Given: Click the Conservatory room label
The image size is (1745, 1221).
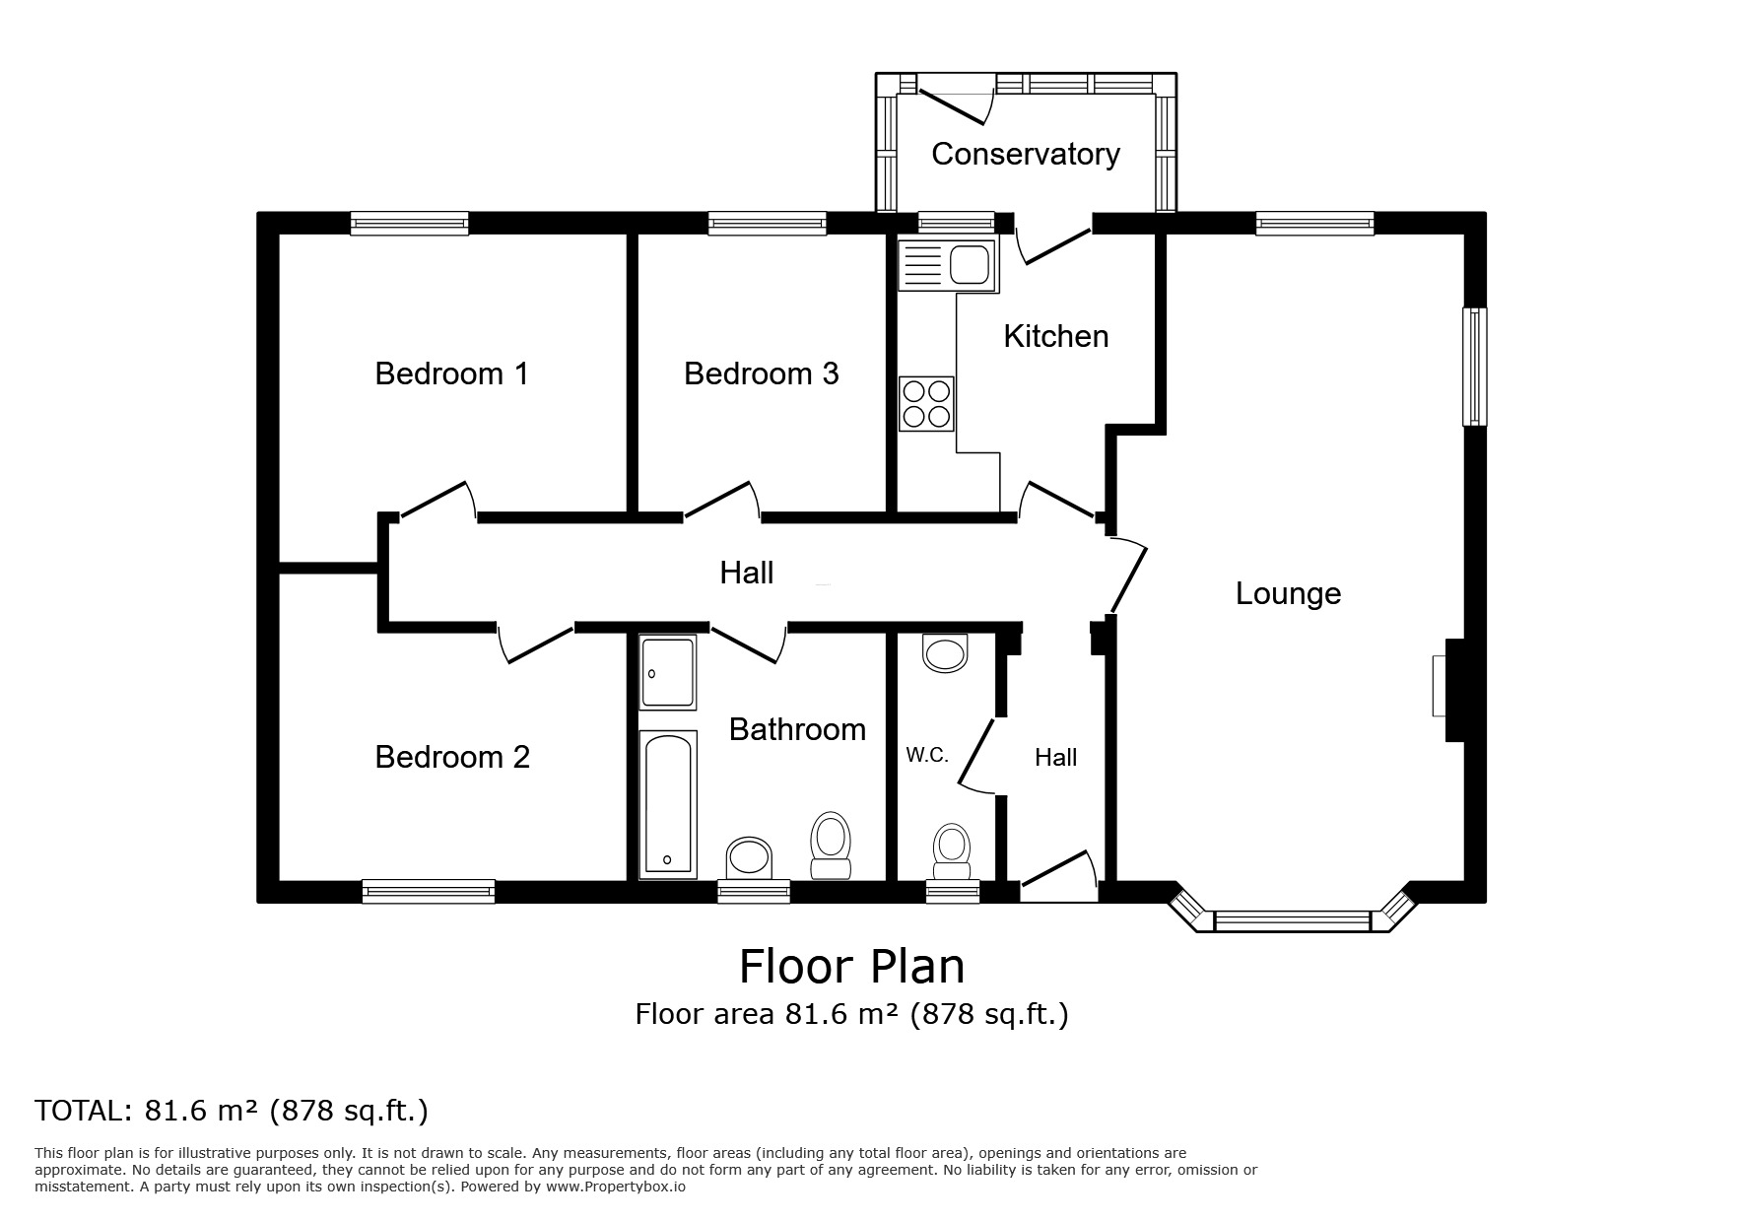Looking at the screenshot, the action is pyautogui.click(x=1025, y=154).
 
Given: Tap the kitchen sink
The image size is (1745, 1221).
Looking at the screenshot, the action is pyautogui.click(x=947, y=264).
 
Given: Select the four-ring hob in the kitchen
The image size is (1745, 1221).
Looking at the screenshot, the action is pyautogui.click(x=926, y=404).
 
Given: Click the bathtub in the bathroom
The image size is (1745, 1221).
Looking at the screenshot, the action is pyautogui.click(x=668, y=804).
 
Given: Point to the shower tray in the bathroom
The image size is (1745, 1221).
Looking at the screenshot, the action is pyautogui.click(x=668, y=672).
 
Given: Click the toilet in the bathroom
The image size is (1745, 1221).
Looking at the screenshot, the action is pyautogui.click(x=831, y=846).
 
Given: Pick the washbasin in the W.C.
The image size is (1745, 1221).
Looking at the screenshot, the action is pyautogui.click(x=945, y=652).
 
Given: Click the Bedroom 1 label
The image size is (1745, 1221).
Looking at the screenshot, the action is pyautogui.click(x=451, y=373).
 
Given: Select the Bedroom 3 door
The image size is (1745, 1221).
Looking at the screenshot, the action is pyautogui.click(x=722, y=500).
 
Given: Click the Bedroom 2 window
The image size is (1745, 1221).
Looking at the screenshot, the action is pyautogui.click(x=429, y=891).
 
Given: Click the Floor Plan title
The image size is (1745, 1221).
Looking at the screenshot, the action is pyautogui.click(x=852, y=966).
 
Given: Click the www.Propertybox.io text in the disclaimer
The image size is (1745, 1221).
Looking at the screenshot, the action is pyautogui.click(x=616, y=1187).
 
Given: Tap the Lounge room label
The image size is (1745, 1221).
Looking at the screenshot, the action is pyautogui.click(x=1288, y=593).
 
